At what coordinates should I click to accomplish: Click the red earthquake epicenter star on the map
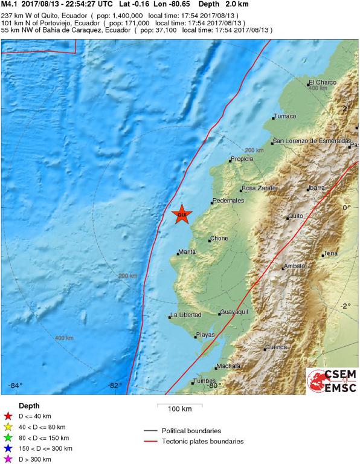181,214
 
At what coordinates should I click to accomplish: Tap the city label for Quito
295,216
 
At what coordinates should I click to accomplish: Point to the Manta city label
188,253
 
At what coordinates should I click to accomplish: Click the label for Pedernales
228,201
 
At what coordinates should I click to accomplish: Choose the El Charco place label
322,83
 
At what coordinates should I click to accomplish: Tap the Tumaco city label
285,117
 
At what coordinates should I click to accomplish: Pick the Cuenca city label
277,347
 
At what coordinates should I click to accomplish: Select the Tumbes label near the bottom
204,381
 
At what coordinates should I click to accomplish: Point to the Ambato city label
294,266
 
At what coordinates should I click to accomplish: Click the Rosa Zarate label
259,188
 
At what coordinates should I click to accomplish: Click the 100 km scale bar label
179,409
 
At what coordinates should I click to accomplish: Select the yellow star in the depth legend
8,427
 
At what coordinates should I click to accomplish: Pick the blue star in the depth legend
8,448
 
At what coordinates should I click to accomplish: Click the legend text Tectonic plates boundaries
202,442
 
